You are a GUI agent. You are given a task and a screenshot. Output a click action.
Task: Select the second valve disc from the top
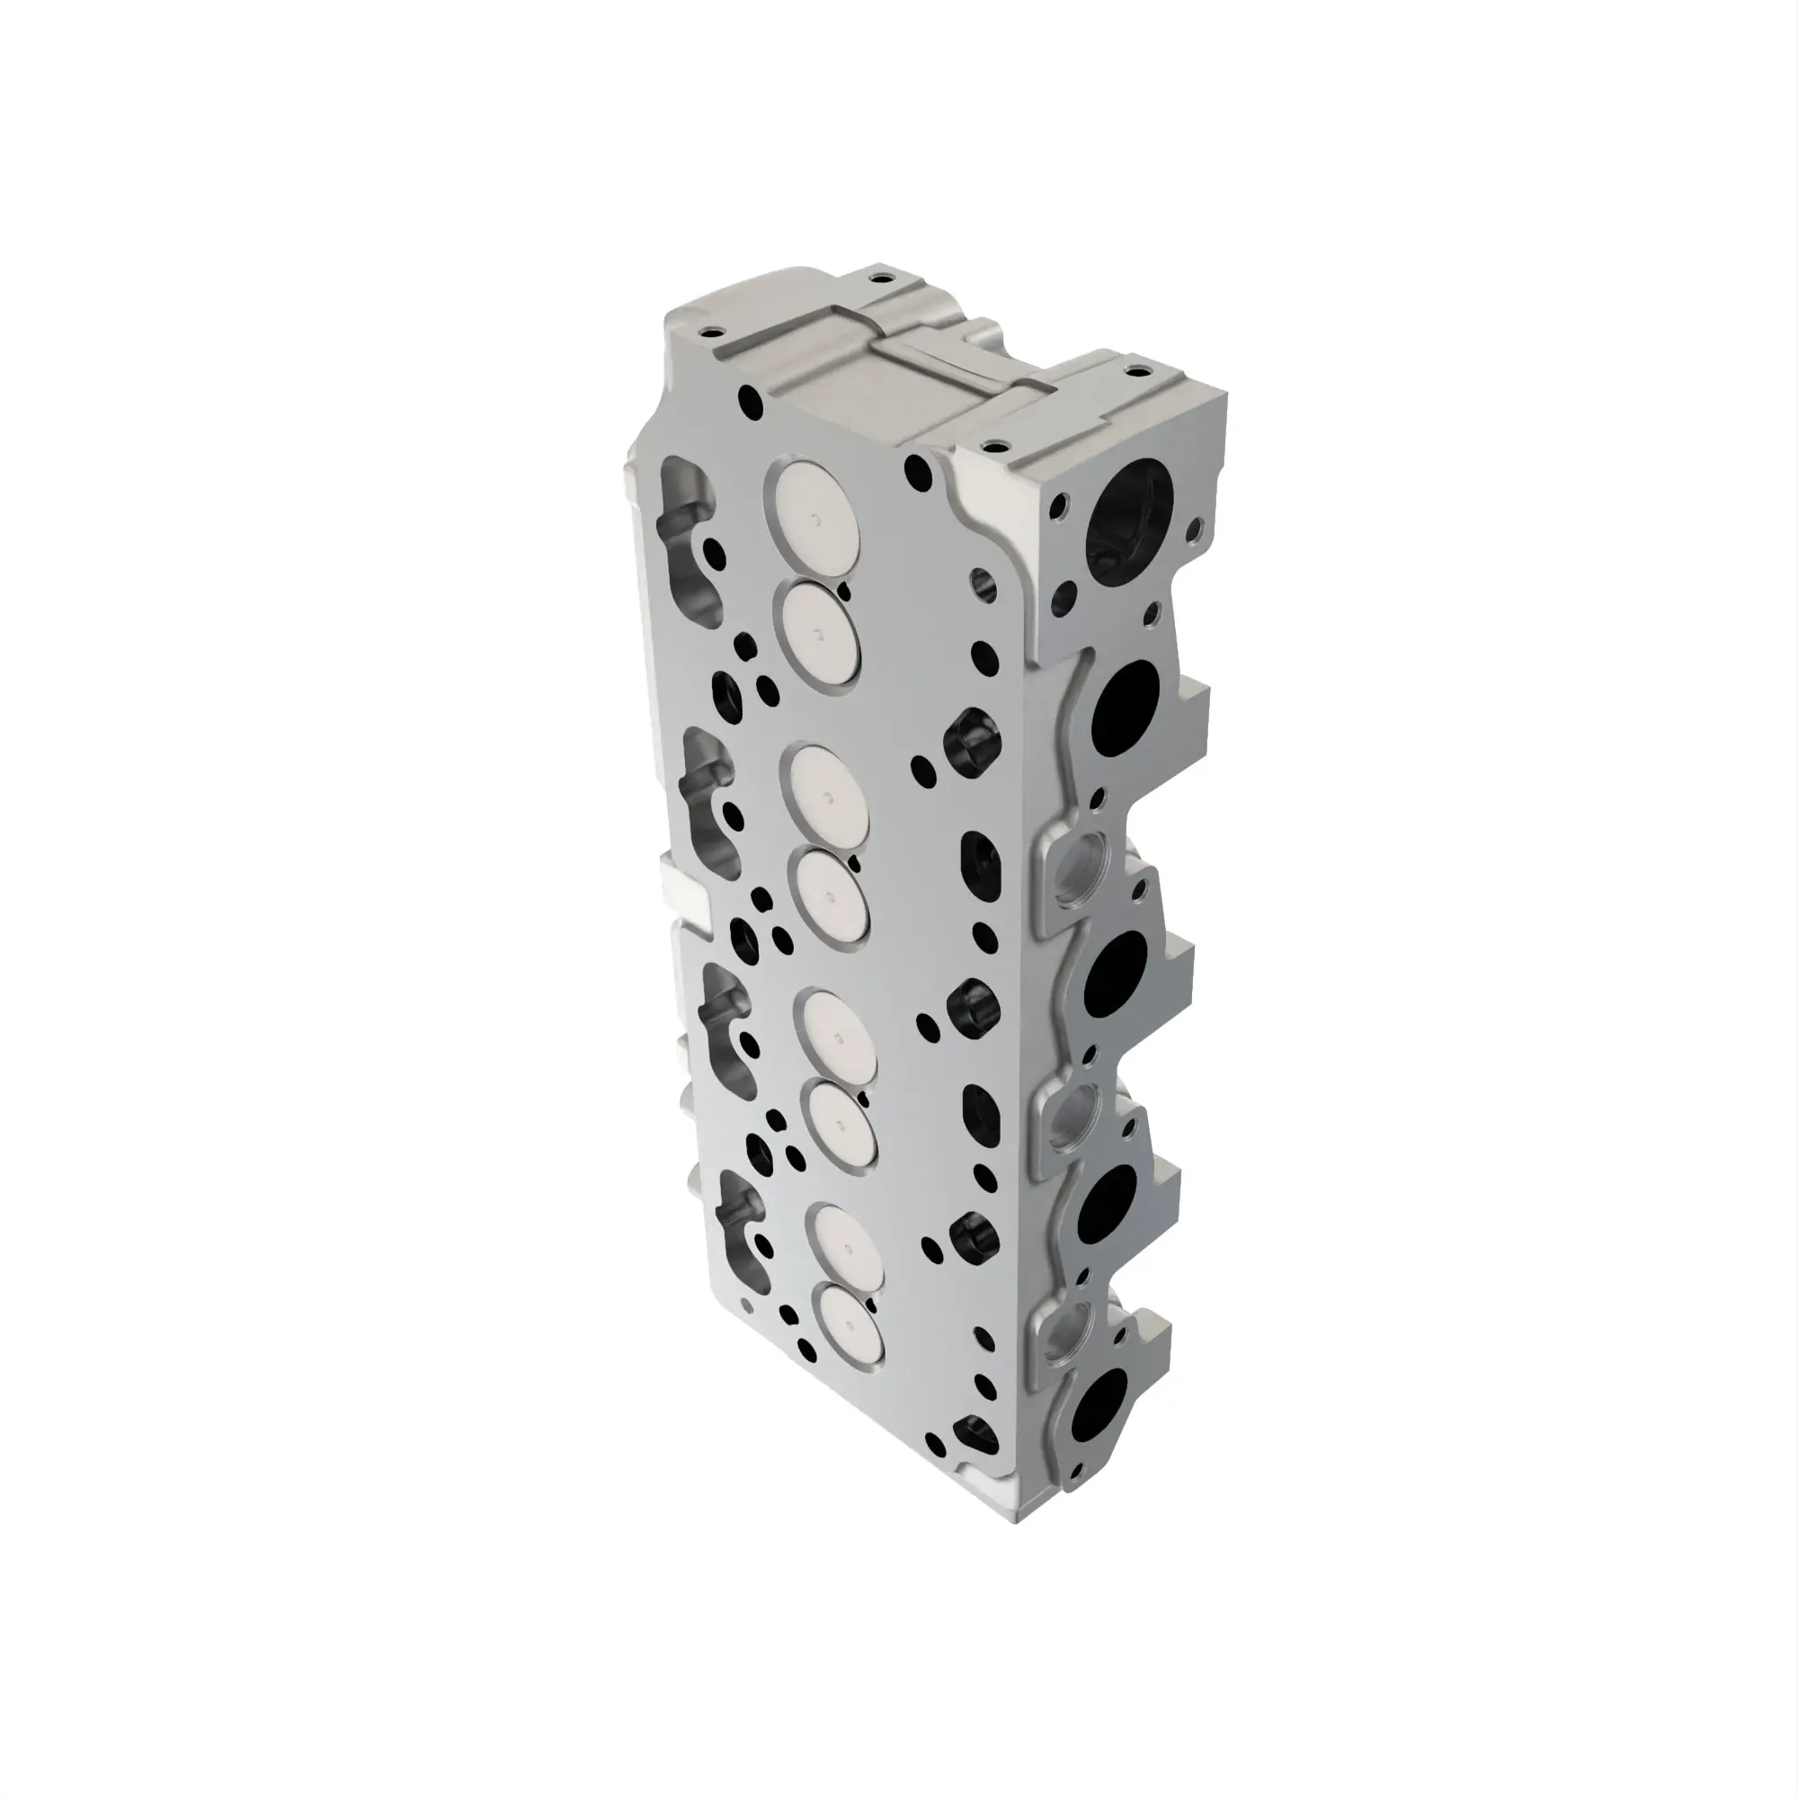pos(820,629)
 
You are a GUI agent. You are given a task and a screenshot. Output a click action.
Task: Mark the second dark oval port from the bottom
pos(1108,1201)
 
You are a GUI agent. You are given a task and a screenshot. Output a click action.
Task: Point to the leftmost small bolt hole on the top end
pos(715,333)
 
